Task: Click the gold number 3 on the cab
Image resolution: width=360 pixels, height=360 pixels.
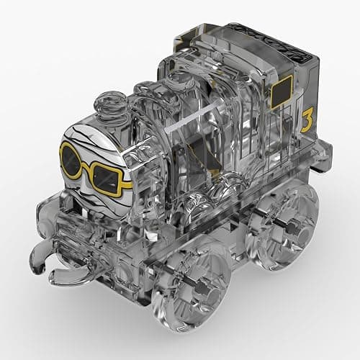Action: [307, 120]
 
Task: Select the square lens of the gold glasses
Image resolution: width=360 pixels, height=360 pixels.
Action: [107, 179]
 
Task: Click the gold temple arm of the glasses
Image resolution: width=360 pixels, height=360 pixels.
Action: [127, 185]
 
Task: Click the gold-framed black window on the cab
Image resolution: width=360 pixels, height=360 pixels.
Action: [282, 92]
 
